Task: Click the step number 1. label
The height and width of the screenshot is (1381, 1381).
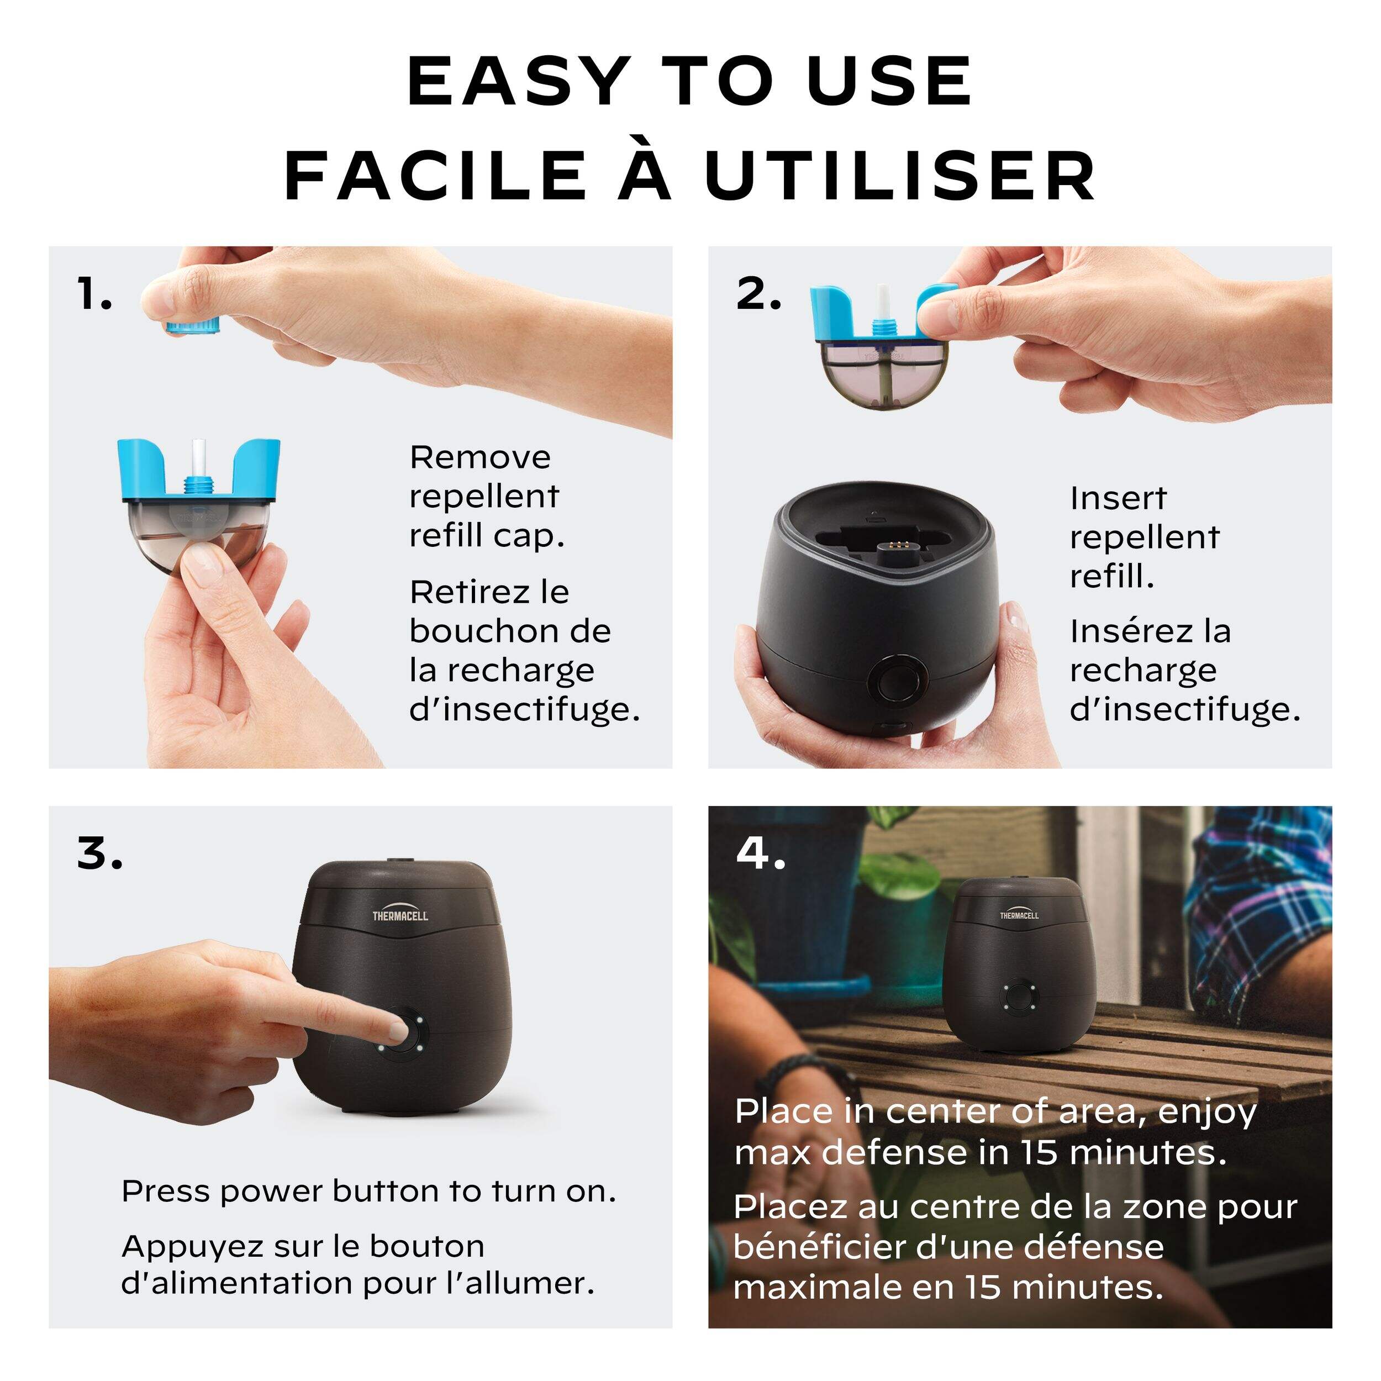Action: (x=95, y=294)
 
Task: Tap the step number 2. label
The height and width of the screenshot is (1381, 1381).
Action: (x=759, y=294)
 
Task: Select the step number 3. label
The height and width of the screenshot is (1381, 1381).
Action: (x=99, y=853)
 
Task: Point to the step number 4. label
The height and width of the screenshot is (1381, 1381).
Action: (x=761, y=853)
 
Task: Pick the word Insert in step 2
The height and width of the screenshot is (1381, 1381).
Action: (x=1118, y=498)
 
